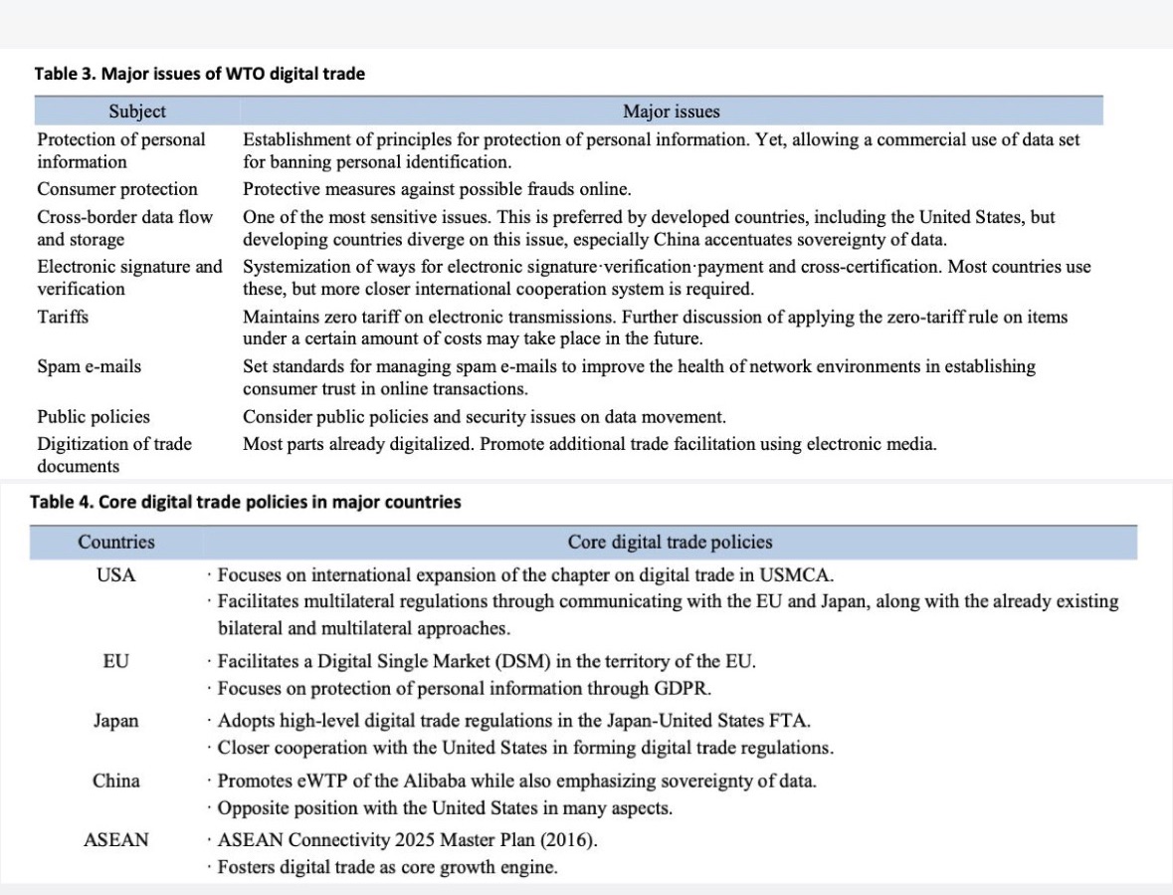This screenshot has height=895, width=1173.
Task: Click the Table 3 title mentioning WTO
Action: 200,74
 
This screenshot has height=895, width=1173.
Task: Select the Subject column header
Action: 137,111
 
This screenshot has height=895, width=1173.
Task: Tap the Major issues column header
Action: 671,111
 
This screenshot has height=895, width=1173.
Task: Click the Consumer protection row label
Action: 117,189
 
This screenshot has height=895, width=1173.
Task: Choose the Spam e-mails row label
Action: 90,366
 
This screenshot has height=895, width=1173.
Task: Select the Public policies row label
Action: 94,417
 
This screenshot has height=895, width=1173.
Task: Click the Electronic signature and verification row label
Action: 129,278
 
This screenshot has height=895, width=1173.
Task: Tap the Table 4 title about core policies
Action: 248,502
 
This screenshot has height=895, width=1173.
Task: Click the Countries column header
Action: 116,543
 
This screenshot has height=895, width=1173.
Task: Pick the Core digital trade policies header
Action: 670,543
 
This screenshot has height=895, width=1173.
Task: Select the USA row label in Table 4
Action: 116,575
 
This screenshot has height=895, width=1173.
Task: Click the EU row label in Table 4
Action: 116,661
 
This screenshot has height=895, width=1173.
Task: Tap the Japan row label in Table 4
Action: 116,721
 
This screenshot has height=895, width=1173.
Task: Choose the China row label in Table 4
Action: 116,781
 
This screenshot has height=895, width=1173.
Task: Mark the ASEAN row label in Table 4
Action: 116,840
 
